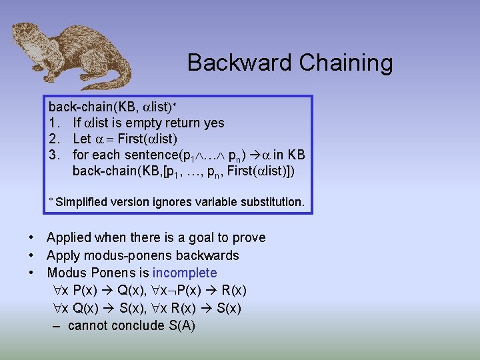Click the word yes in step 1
pyautogui.click(x=213, y=123)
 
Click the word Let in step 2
pyautogui.click(x=81, y=139)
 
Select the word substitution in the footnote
pyautogui.click(x=270, y=201)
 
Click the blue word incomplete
pyautogui.click(x=185, y=273)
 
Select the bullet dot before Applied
pyautogui.click(x=32, y=237)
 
